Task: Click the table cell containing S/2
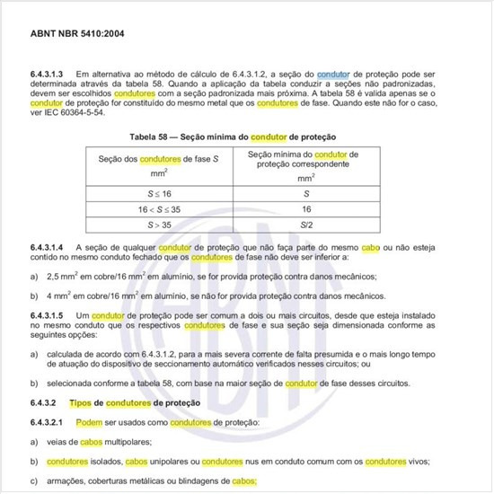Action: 307,224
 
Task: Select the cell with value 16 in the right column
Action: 307,208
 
